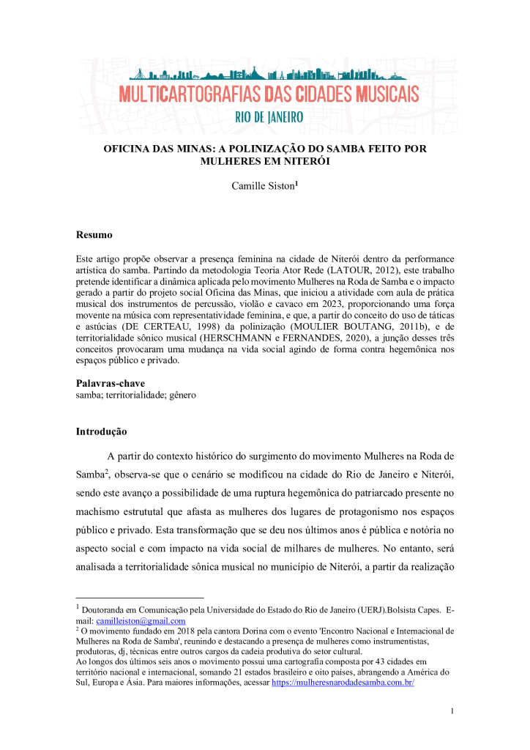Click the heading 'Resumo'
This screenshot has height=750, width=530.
(x=94, y=235)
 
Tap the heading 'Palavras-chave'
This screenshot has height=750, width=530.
(x=111, y=384)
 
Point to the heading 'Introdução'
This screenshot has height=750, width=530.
(x=101, y=431)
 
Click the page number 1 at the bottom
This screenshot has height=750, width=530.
(x=452, y=711)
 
